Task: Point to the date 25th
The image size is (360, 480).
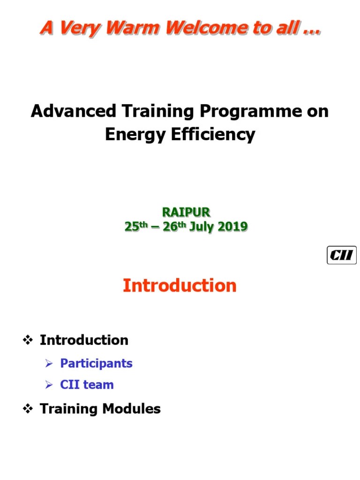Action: (x=136, y=226)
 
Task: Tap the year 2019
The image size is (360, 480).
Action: (x=232, y=227)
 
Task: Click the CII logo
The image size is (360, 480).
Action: (x=341, y=256)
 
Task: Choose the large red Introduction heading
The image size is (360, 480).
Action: (x=180, y=285)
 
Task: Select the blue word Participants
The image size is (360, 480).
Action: (x=96, y=364)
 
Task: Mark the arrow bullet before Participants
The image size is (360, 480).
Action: (x=49, y=364)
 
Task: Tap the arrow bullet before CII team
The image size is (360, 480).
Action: (x=49, y=385)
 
